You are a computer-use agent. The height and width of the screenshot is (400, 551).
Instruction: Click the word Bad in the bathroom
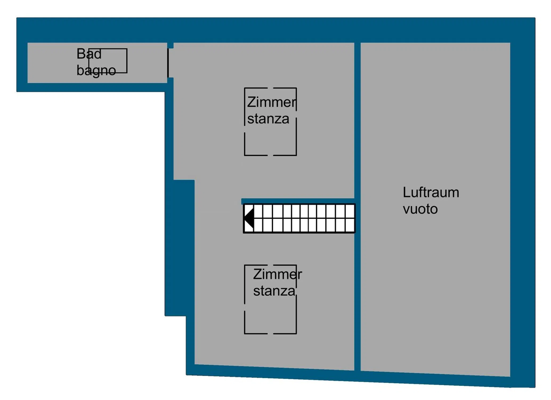pos(89,54)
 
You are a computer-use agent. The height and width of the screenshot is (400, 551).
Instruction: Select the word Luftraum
pos(431,193)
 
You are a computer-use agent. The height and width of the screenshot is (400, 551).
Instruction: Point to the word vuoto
pos(420,209)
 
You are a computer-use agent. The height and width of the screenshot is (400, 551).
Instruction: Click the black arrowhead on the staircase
pos(249,218)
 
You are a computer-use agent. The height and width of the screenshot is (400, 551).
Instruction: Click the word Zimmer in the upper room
pos(272,102)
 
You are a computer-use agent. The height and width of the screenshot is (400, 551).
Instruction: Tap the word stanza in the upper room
pos(268,119)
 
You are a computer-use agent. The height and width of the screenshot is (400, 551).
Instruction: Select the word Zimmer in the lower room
pos(278,274)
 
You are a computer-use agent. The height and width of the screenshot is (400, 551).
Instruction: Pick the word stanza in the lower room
pos(274,291)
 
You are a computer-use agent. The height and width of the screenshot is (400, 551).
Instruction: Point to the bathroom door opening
pos(168,63)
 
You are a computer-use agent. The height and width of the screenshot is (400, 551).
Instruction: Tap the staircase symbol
pos(299,218)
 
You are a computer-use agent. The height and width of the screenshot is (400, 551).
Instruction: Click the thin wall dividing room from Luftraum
pos(357,207)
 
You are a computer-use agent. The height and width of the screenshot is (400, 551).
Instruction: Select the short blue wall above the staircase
pos(298,201)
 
